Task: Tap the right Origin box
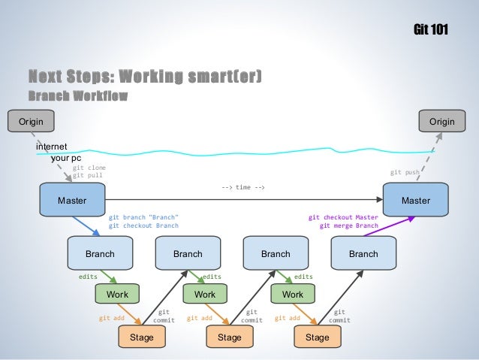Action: coord(441,121)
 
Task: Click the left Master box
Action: coord(72,201)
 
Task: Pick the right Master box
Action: coord(415,201)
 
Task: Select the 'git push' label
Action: coord(405,172)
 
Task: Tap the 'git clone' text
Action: coord(89,168)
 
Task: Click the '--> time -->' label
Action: coord(243,187)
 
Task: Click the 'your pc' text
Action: coord(66,159)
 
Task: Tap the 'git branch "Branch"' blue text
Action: coord(143,217)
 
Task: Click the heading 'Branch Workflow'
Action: coord(77,95)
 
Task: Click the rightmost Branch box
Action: coord(363,254)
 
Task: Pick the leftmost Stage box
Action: coord(141,337)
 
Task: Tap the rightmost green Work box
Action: coord(293,295)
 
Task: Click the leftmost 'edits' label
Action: coord(88,277)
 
